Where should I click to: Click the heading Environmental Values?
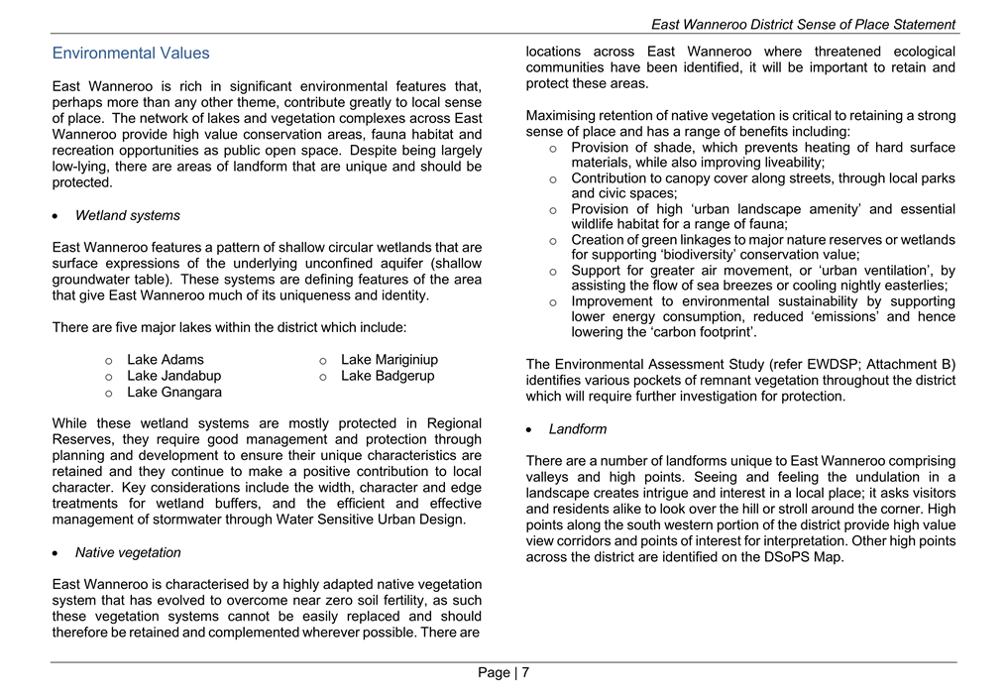tap(131, 54)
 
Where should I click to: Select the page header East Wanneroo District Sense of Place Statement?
tap(803, 25)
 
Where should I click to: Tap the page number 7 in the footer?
tap(525, 673)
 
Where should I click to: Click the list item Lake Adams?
tap(166, 360)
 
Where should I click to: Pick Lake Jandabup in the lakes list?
tap(173, 376)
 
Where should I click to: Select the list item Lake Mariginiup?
tap(390, 360)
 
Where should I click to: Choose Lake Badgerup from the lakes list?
tap(388, 376)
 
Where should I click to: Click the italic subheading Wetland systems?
tap(127, 215)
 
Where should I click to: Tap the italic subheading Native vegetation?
tap(128, 552)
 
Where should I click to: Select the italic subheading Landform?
tap(578, 429)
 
